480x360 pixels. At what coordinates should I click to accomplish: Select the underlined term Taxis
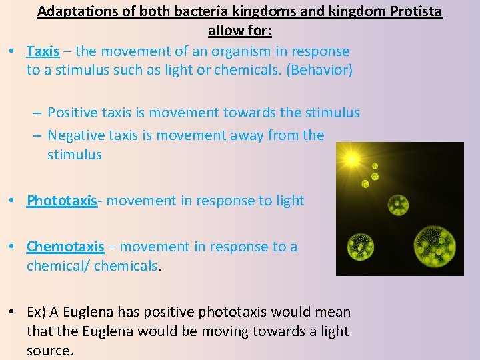point(43,51)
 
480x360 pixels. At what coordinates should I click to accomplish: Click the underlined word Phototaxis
point(61,201)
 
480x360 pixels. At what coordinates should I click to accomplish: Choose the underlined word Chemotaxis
point(65,247)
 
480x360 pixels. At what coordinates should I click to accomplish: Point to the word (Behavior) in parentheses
point(319,70)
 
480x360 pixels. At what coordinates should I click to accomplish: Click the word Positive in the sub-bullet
point(71,113)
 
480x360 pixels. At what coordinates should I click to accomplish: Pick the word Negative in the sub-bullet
point(75,135)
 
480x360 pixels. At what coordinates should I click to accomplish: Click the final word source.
point(49,351)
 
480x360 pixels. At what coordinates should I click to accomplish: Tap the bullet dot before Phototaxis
point(13,201)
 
